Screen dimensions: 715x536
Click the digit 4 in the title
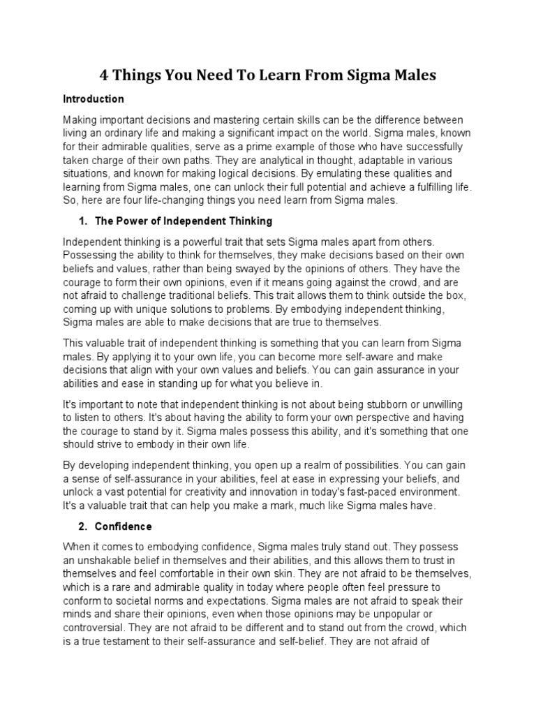click(x=104, y=75)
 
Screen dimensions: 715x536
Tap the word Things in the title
click(x=142, y=75)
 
